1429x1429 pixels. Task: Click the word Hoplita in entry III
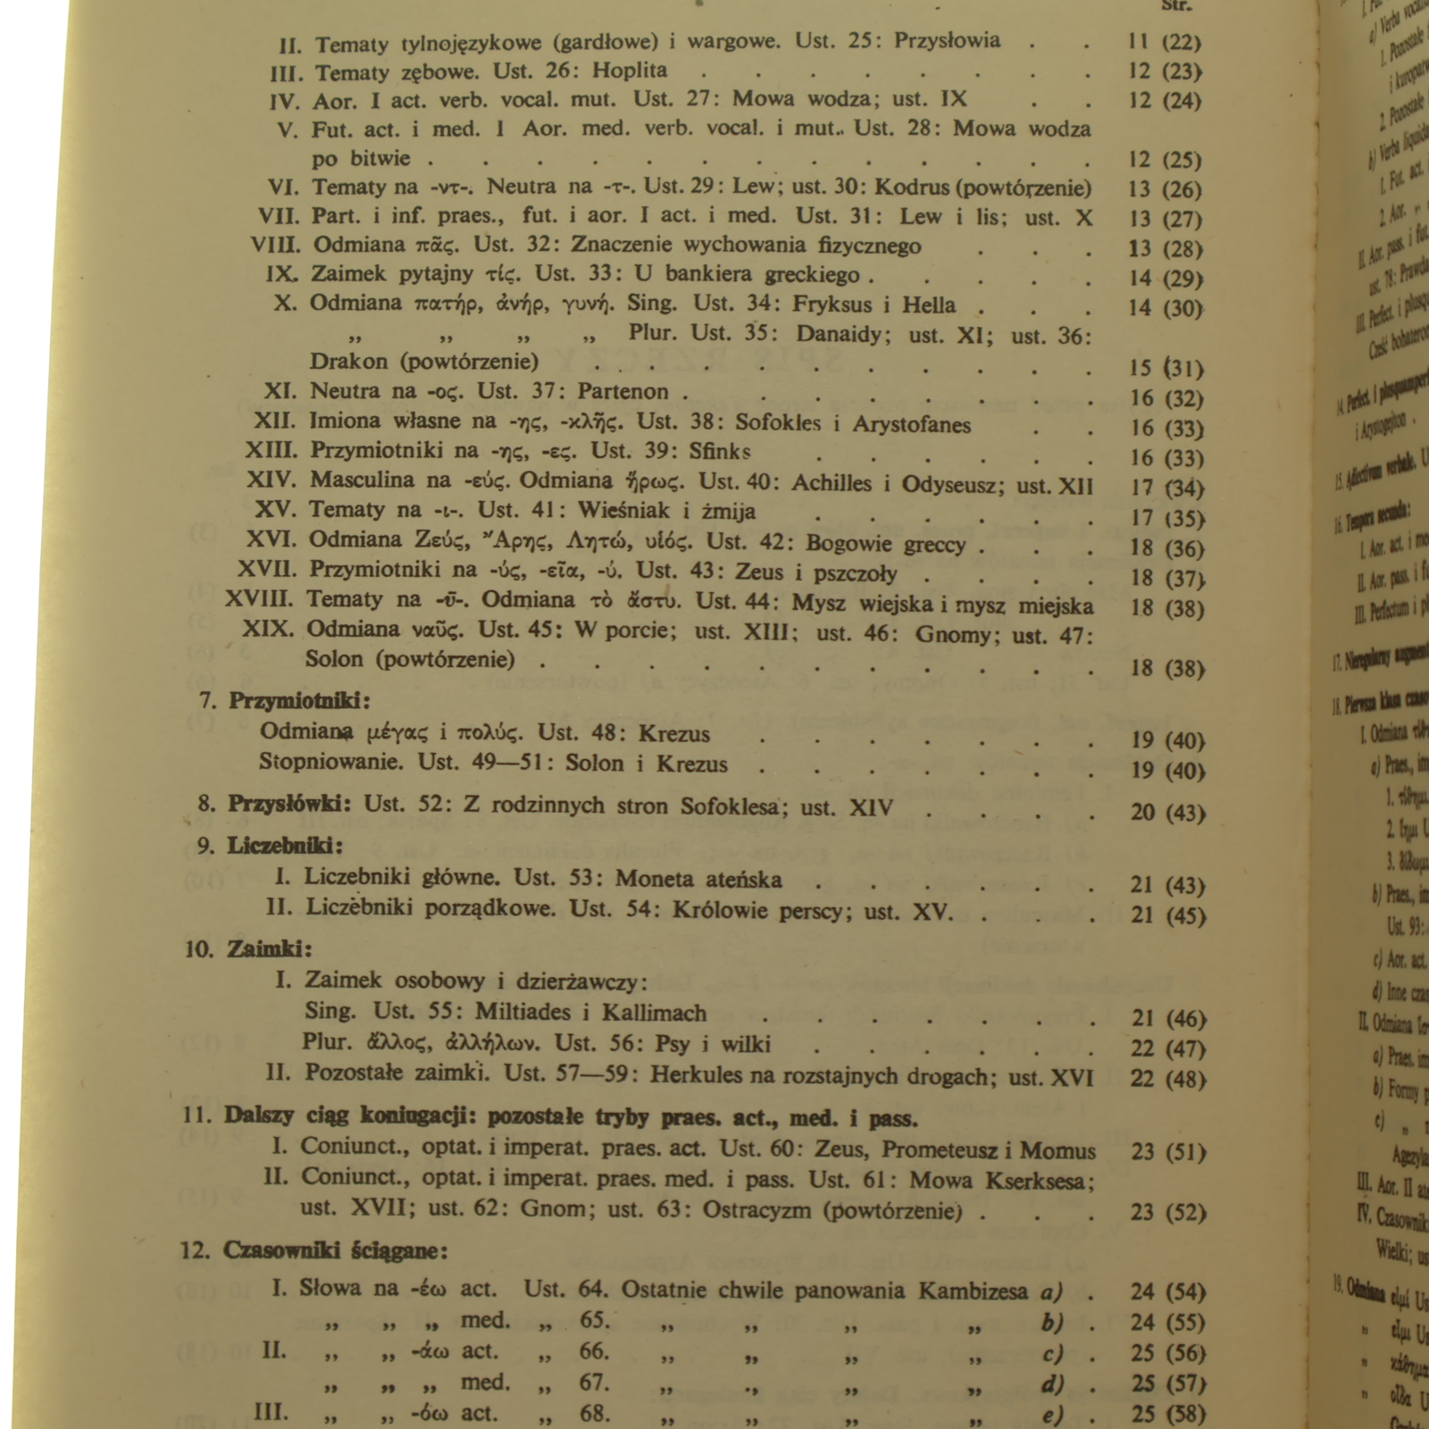630,71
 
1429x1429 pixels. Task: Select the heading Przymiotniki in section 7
298,700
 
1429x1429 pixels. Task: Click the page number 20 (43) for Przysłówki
1167,812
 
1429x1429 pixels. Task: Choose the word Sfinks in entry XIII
719,451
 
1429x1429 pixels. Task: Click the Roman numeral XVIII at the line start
258,599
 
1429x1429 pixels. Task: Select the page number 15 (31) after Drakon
1166,368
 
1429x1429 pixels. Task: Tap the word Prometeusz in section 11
938,1150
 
